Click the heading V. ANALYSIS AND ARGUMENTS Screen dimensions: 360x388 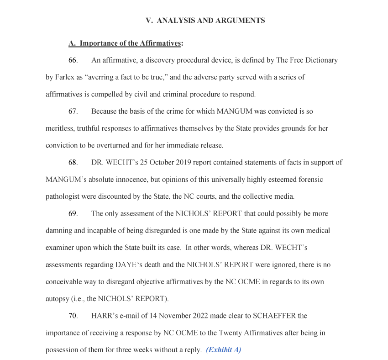tap(205, 21)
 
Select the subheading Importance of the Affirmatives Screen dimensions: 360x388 tap(126, 43)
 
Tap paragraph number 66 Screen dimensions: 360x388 tap(73, 60)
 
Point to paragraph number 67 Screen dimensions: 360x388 tap(73, 111)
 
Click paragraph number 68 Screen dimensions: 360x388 tap(73, 163)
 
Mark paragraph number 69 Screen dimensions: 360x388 tap(73, 214)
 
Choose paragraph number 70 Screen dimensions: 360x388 tap(73, 316)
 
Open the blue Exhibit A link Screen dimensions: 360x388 tap(223, 350)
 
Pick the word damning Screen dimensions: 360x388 tap(60, 231)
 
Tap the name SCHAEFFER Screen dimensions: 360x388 tap(273, 316)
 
